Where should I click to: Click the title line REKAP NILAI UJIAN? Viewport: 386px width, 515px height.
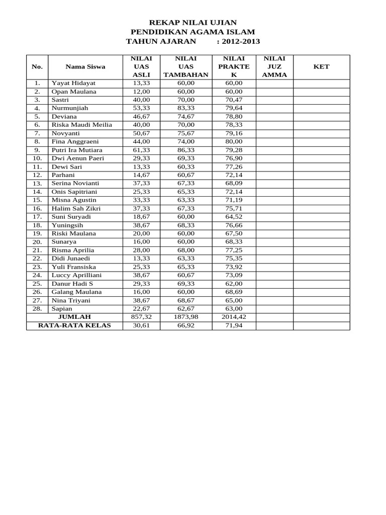[193, 23]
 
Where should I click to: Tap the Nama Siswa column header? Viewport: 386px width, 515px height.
[85, 66]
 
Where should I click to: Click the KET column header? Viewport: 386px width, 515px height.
[321, 66]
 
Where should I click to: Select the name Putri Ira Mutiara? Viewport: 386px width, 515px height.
[77, 150]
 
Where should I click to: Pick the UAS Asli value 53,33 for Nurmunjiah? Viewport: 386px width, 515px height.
[141, 108]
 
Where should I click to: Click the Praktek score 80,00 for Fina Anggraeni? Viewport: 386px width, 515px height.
[234, 142]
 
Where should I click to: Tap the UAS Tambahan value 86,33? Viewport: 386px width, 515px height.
[185, 150]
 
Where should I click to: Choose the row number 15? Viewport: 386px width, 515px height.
[37, 200]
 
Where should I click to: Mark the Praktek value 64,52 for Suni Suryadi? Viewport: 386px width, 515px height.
[234, 217]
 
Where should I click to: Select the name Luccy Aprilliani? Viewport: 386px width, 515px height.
[76, 275]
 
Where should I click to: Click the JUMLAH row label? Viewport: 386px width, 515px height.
[74, 317]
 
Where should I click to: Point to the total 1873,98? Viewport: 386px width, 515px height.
[185, 317]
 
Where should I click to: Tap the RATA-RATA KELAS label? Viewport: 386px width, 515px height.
[74, 325]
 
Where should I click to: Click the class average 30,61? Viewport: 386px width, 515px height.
[141, 325]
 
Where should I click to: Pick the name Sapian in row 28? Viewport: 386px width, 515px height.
[62, 308]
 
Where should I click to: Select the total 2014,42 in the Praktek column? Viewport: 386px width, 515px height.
[234, 317]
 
